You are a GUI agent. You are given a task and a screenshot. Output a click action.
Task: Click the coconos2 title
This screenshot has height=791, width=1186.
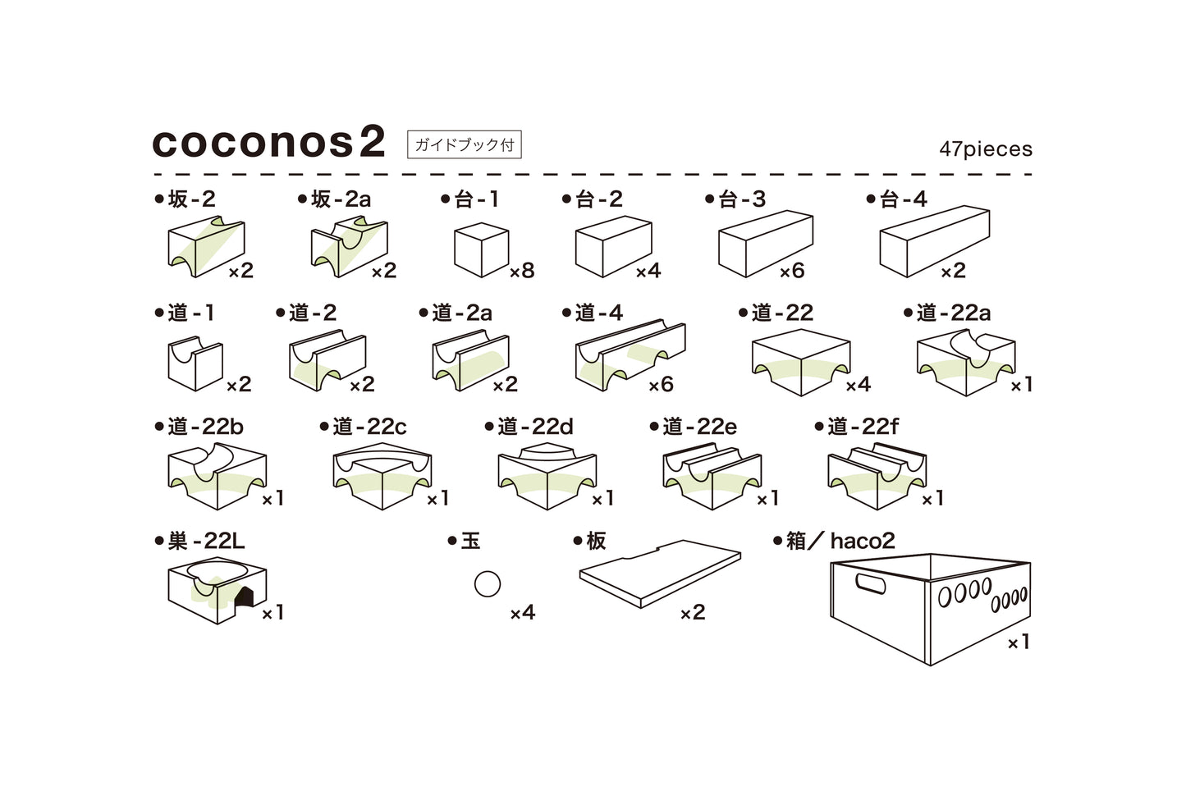pos(268,143)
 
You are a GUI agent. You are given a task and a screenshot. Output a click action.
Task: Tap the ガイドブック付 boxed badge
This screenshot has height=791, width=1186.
pos(464,145)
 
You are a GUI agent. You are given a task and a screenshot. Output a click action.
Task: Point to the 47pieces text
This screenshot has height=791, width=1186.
pos(986,149)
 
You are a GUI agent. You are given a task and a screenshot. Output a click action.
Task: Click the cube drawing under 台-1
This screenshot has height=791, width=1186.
pos(481,249)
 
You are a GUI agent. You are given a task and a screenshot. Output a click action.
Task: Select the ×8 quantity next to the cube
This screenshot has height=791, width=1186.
pos(522,271)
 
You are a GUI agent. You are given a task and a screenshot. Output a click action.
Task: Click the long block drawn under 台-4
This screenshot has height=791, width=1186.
pos(934,241)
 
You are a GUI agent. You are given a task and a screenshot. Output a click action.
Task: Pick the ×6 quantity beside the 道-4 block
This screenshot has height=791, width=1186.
pos(661,384)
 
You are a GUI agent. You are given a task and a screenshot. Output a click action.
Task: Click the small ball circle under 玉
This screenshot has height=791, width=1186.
pos(488,584)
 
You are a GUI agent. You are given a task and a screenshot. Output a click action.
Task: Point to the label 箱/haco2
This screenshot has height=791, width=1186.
pos(834,541)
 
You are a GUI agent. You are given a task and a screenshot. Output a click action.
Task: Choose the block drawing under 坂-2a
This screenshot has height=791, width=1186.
pos(349,246)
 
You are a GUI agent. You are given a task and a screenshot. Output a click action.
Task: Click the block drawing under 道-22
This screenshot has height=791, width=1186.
pos(800,362)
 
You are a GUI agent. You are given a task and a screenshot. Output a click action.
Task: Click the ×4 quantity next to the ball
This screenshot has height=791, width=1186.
pos(522,612)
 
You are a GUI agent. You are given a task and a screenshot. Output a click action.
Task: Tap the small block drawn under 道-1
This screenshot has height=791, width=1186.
pos(195,365)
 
